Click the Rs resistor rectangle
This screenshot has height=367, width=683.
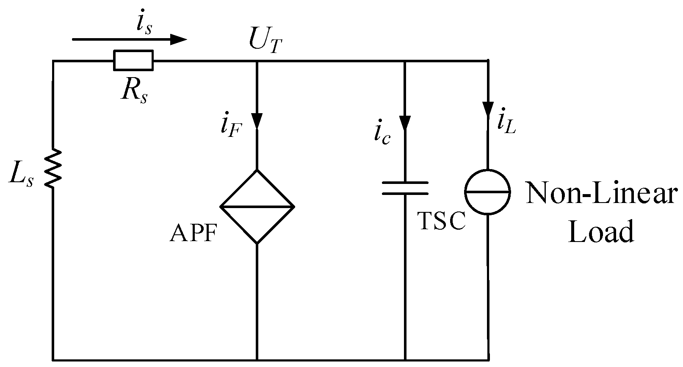133,60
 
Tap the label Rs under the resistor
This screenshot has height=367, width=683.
134,89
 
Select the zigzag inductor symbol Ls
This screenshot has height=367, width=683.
53,168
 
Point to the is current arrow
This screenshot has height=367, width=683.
129,40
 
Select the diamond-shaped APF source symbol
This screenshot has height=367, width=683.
257,207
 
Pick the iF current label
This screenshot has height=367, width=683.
231,125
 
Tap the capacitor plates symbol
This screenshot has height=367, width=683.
405,188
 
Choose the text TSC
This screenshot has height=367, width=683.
442,221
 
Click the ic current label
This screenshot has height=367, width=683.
382,135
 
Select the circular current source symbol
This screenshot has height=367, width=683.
488,192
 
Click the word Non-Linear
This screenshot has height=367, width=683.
602,194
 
